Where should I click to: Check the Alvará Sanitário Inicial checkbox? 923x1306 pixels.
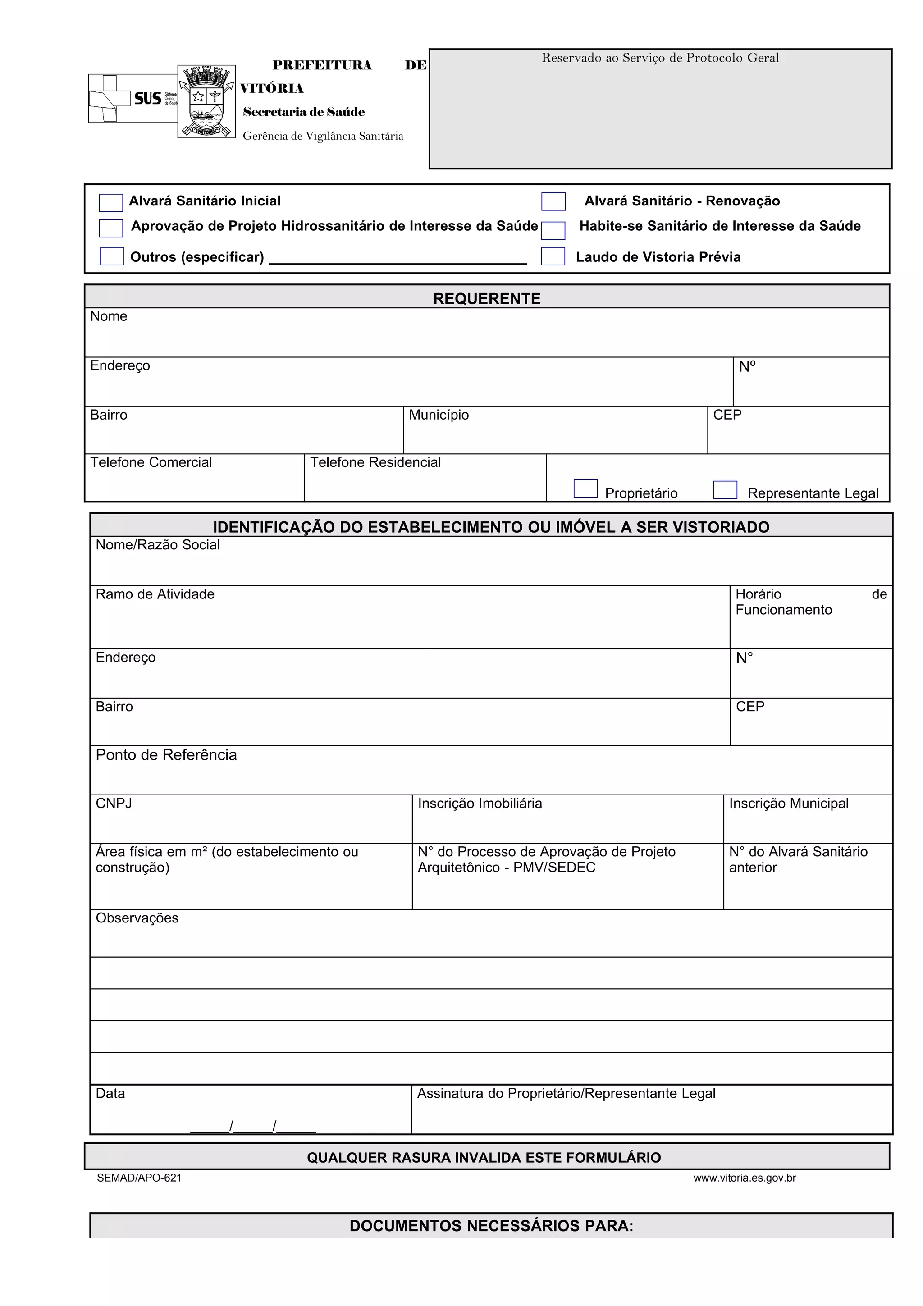pos(111,202)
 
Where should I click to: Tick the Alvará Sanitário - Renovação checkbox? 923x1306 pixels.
pos(553,201)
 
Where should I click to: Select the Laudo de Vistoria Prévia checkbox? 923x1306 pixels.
pos(553,256)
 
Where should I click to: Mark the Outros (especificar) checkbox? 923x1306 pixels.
pos(112,256)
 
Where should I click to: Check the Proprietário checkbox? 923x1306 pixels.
pos(585,489)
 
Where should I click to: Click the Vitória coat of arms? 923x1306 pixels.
pos(206,101)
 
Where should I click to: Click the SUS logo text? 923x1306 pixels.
pos(148,98)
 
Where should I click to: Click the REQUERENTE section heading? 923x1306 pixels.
pos(487,299)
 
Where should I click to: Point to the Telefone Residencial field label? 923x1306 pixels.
pos(375,462)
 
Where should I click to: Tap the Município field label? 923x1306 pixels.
pos(439,415)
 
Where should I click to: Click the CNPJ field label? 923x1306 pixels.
pos(114,803)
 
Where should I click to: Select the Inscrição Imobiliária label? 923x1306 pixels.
pos(480,803)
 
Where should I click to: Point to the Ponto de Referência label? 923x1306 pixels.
pos(166,755)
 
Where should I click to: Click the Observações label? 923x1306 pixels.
pos(137,918)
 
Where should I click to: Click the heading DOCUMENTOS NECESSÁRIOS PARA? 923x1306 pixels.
pos(491,1226)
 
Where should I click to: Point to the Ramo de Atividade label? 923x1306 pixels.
pos(155,594)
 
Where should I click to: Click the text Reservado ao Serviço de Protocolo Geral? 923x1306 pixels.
pos(660,57)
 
